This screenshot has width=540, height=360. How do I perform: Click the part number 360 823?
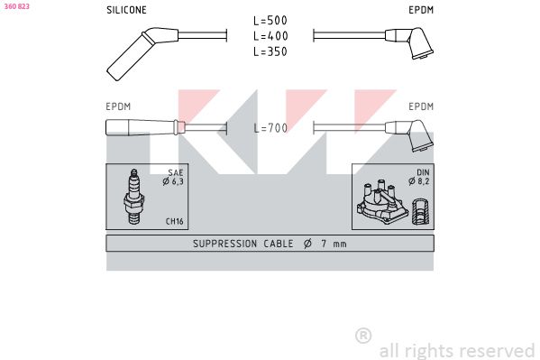click(x=16, y=6)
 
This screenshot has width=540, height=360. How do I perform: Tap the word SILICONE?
click(x=126, y=10)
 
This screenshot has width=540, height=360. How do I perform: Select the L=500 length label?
click(x=270, y=21)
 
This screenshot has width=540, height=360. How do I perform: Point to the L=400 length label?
click(x=270, y=36)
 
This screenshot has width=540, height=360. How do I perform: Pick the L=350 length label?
click(x=270, y=51)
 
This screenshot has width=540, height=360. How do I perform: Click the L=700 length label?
click(x=270, y=128)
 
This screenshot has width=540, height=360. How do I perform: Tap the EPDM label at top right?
click(x=421, y=10)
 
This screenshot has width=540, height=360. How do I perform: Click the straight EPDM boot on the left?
click(x=145, y=127)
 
